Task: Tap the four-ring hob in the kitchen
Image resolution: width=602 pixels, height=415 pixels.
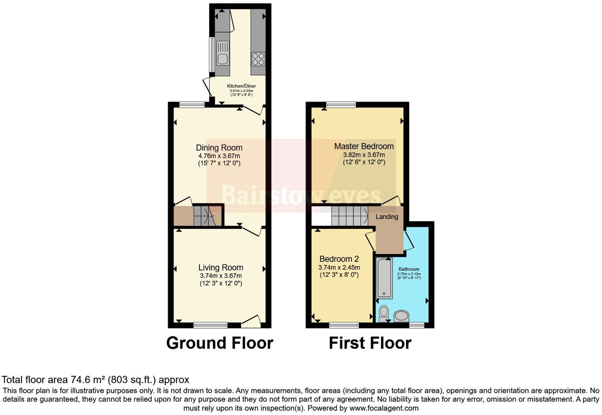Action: click(258, 59)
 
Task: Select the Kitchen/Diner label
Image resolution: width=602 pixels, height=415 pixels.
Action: click(241, 86)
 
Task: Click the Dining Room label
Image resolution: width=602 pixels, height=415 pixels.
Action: click(219, 148)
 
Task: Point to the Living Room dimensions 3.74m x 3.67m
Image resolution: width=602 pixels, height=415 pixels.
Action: click(221, 276)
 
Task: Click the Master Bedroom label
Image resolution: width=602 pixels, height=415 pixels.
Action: click(364, 146)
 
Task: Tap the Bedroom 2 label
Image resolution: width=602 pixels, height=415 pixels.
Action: click(339, 259)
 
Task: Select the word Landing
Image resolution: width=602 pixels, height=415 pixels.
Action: click(387, 217)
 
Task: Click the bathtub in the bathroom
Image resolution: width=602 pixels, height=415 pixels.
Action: click(384, 278)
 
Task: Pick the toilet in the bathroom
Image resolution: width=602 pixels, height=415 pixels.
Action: click(384, 313)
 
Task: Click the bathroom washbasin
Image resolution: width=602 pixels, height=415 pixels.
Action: click(402, 316)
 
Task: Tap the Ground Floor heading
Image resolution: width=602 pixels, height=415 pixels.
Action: click(219, 343)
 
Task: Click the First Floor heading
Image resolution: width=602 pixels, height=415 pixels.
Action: click(370, 343)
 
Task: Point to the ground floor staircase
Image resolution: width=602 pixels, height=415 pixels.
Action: click(204, 216)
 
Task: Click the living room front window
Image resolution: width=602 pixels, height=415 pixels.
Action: click(211, 325)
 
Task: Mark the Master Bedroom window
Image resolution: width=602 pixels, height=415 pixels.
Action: click(341, 105)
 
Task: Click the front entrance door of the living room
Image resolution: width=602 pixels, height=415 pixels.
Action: click(251, 323)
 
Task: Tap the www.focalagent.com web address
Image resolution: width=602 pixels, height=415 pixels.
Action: click(383, 408)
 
